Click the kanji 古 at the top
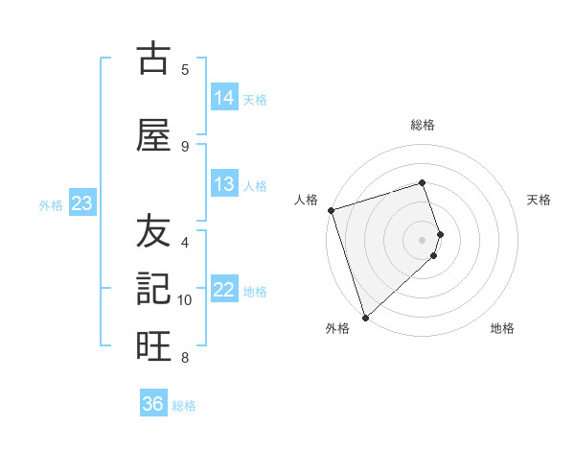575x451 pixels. click(x=153, y=59)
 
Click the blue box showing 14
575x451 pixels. click(x=224, y=97)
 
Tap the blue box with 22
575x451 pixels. click(x=224, y=290)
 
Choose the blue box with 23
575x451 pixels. click(x=81, y=203)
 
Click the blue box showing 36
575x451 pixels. click(x=153, y=404)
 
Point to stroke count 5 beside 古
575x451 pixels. click(x=185, y=70)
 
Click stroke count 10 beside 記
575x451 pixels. click(x=185, y=300)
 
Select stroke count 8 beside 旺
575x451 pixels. click(x=185, y=358)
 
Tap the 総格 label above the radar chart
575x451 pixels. click(x=423, y=125)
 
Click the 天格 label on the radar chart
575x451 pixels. click(x=540, y=200)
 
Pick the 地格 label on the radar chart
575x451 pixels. click(x=502, y=328)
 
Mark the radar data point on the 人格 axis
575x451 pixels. click(x=331, y=210)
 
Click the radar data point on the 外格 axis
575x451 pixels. click(x=365, y=317)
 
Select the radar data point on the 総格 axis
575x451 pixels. click(x=423, y=182)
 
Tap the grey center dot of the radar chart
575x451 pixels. click(x=423, y=240)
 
